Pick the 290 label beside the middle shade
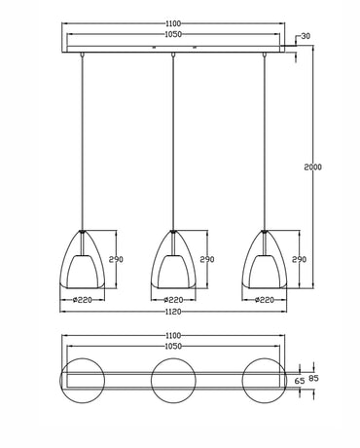(206, 260)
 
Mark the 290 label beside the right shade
(299, 260)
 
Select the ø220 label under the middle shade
(172, 300)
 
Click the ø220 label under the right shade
(264, 300)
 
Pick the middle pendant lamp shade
(172, 261)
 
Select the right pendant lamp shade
(264, 261)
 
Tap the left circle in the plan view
(82, 379)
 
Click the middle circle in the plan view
(172, 379)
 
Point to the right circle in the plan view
(264, 379)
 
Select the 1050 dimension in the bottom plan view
(172, 347)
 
